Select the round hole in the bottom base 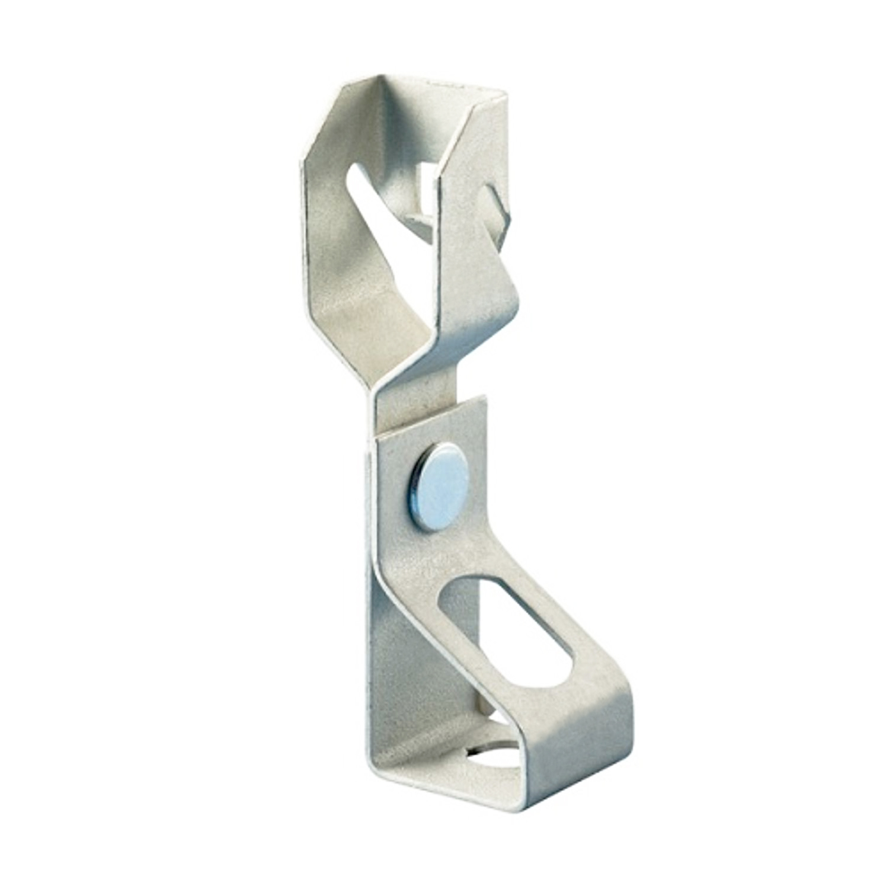point(486,748)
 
